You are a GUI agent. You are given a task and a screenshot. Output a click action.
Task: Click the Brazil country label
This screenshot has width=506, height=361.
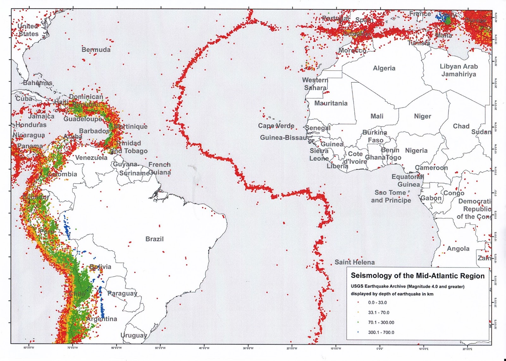154,239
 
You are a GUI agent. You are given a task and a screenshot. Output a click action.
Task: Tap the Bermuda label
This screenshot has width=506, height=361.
96,50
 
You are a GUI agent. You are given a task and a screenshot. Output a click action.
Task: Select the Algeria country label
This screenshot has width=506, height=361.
384,68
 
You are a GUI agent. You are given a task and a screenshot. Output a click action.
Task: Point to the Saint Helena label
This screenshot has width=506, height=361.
355,262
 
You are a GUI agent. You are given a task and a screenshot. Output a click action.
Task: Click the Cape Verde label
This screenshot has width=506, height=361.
276,126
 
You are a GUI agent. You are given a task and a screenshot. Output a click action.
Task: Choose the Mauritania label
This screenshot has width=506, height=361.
331,103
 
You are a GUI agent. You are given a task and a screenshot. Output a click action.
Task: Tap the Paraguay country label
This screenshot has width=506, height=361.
122,293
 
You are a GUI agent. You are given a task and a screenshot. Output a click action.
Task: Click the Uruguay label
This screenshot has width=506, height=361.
133,335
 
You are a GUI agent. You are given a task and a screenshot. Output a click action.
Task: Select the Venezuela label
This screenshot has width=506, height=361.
91,158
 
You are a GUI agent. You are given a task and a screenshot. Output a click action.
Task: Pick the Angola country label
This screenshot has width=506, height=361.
458,249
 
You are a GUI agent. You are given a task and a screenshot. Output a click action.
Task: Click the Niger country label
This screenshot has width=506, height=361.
423,116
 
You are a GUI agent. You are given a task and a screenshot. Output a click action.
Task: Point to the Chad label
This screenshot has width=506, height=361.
461,126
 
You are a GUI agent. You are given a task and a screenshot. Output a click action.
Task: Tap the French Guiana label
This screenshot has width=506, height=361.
159,168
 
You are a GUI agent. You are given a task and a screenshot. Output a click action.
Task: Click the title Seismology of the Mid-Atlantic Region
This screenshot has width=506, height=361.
417,276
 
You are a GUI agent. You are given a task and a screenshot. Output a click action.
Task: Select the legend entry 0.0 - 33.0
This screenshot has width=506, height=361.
377,302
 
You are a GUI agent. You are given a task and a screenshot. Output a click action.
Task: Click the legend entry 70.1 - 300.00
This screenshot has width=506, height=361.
381,322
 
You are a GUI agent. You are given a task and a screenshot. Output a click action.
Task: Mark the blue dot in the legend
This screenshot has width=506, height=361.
358,332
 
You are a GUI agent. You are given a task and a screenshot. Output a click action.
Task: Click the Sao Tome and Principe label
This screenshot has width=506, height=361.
391,196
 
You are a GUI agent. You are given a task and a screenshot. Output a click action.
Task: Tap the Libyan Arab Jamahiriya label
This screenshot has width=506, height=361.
459,70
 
